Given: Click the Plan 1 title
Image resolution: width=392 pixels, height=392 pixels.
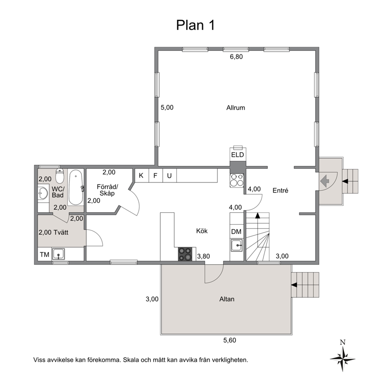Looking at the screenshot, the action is [x=195, y=25].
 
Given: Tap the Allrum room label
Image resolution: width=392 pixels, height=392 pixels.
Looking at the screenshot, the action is [x=236, y=108].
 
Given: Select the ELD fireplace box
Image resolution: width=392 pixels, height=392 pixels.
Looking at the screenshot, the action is [x=237, y=155].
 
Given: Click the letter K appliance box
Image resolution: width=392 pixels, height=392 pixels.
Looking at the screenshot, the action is [x=141, y=175].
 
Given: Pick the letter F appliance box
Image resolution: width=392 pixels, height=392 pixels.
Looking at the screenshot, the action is [x=156, y=175].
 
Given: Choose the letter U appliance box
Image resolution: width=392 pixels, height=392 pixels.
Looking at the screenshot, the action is [x=170, y=175].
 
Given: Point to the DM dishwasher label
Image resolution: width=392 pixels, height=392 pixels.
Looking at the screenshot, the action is [x=236, y=232].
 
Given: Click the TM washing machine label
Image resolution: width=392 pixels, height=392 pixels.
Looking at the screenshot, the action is [x=45, y=255].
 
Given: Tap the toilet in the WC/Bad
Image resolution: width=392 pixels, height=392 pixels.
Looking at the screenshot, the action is [x=60, y=176].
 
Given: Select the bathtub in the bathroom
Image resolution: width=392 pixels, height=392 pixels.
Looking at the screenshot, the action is [x=75, y=187].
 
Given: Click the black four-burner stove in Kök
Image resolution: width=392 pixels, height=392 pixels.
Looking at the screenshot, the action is [x=185, y=254].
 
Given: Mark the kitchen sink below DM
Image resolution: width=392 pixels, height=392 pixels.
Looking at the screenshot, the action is [x=236, y=245].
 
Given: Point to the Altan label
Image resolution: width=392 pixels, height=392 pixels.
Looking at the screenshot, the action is [x=227, y=299].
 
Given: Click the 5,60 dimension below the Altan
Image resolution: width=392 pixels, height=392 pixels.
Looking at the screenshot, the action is [x=230, y=340].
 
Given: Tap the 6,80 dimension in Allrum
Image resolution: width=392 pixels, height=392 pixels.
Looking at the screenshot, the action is [x=236, y=57].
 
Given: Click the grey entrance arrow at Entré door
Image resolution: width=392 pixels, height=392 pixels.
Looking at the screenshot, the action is [x=324, y=181].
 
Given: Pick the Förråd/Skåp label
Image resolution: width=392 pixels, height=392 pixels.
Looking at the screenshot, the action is [x=107, y=190].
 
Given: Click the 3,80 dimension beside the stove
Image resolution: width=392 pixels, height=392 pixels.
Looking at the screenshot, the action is [x=204, y=256].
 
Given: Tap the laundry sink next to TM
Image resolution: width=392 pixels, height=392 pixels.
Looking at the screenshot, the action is [x=58, y=254].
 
